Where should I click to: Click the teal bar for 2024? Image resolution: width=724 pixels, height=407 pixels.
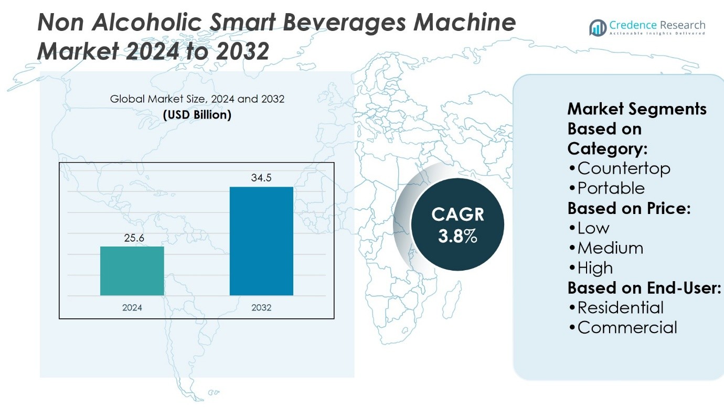(132, 271)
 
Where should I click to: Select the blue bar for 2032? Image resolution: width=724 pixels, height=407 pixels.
(261, 241)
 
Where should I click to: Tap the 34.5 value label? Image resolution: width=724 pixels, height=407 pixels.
(261, 178)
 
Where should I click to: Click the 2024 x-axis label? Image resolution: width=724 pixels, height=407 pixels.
(132, 308)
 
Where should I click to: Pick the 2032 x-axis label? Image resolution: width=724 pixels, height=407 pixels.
(261, 308)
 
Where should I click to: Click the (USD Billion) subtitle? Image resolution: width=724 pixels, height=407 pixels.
(197, 115)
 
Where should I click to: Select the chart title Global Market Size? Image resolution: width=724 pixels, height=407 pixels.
(197, 99)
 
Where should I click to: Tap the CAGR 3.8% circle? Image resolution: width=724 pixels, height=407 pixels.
(457, 224)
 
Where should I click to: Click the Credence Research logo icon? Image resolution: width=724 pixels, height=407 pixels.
(598, 28)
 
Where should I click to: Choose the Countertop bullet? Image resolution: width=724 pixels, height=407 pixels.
(619, 168)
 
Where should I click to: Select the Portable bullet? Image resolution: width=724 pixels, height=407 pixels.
(606, 188)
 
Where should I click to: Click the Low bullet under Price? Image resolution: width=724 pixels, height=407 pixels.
(589, 228)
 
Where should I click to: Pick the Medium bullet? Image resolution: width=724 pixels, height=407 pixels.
(605, 248)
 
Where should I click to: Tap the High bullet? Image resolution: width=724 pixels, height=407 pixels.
(590, 268)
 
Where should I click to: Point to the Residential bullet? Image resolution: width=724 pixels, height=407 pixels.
(615, 308)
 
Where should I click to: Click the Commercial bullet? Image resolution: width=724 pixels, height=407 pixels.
(623, 328)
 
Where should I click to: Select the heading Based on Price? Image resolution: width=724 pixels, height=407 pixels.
(629, 208)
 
